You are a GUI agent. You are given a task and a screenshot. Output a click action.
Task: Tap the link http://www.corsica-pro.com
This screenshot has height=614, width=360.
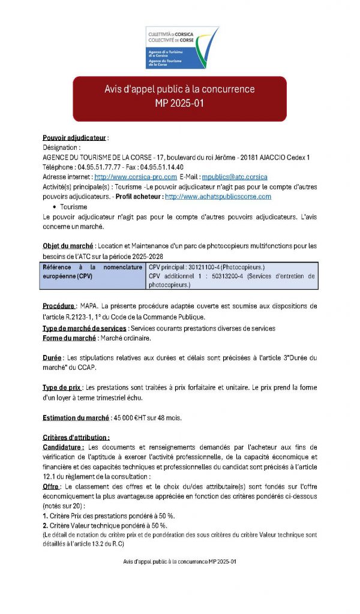click(136, 177)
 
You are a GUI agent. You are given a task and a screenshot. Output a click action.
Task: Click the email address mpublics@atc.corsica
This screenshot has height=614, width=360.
click(235, 177)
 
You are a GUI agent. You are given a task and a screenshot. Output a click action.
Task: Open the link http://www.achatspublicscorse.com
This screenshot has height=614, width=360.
click(218, 196)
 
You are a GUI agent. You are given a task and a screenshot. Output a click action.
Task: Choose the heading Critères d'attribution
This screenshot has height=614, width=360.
click(76, 438)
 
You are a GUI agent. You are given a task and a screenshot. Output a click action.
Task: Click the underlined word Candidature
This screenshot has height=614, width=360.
click(62, 447)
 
